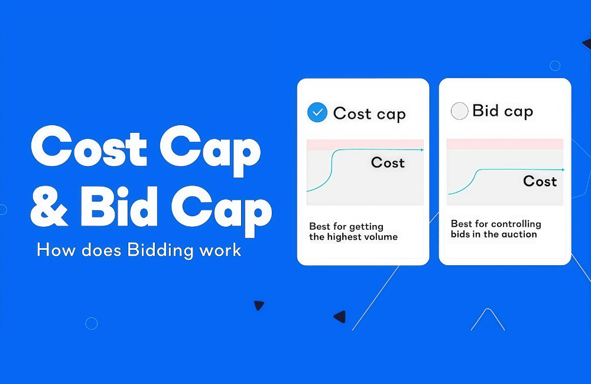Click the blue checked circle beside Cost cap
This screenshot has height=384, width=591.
(x=317, y=112)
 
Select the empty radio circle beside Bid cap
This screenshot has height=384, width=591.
(x=459, y=111)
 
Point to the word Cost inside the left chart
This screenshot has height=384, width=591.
(x=388, y=162)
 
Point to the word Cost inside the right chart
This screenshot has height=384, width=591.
(x=540, y=181)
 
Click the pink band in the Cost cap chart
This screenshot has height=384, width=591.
(x=365, y=144)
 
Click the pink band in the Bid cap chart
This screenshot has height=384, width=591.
(x=505, y=144)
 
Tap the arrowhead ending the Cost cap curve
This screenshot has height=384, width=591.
(x=422, y=150)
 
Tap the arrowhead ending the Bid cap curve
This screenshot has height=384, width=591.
(x=563, y=170)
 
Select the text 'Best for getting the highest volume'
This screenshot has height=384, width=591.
(x=353, y=232)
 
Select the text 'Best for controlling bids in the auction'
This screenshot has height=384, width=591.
(x=495, y=229)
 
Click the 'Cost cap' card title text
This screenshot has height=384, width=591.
(x=369, y=113)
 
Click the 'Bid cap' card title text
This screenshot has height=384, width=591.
(x=502, y=111)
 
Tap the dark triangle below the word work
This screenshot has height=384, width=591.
(x=259, y=305)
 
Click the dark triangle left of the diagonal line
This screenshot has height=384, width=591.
(x=340, y=317)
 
